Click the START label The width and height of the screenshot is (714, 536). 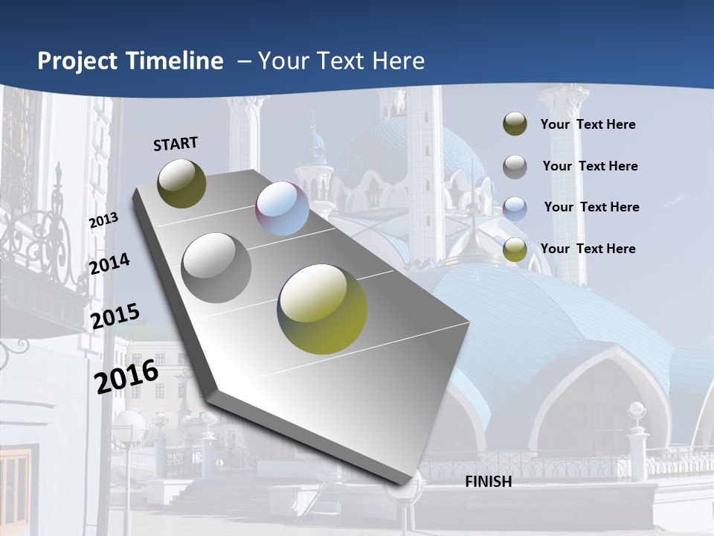[x=176, y=144]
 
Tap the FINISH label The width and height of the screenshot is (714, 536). [x=489, y=482]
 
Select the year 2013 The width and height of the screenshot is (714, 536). [x=103, y=220]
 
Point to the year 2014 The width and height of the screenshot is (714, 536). [x=109, y=264]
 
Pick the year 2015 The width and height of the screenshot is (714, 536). [x=115, y=316]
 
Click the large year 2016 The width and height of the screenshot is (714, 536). [x=126, y=377]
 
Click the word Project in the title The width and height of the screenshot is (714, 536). [x=79, y=61]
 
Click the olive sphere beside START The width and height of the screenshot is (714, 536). [x=181, y=183]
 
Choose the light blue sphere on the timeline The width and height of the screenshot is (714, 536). [x=283, y=208]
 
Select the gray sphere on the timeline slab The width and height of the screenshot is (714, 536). [x=216, y=268]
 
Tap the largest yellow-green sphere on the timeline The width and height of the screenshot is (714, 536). [x=322, y=309]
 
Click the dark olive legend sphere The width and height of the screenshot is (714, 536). [x=515, y=124]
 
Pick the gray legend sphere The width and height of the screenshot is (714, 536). [x=515, y=167]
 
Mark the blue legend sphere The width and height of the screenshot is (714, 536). [x=515, y=208]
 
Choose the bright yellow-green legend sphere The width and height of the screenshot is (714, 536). [x=515, y=250]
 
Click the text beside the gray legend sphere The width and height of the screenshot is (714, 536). [x=590, y=166]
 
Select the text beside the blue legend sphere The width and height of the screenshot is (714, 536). [x=591, y=207]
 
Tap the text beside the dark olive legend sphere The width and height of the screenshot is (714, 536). [x=588, y=124]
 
